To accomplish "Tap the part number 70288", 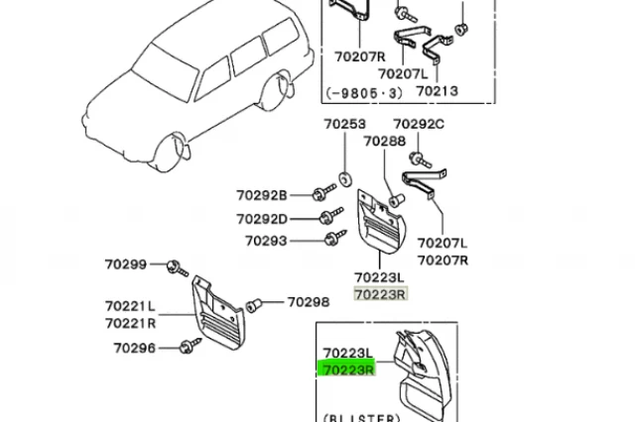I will pyautogui.click(x=385, y=143).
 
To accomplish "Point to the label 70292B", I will pyautogui.click(x=262, y=195).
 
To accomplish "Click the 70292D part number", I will pyautogui.click(x=262, y=219).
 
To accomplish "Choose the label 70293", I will pyautogui.click(x=266, y=241).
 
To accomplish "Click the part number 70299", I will pyautogui.click(x=126, y=264).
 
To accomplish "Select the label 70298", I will pyautogui.click(x=309, y=302).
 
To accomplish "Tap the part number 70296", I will pyautogui.click(x=134, y=348).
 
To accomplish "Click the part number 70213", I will pyautogui.click(x=437, y=92).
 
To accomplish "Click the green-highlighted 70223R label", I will pyautogui.click(x=347, y=369).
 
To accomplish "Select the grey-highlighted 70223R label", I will pyautogui.click(x=380, y=294).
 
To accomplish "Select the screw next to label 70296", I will pyautogui.click(x=189, y=346).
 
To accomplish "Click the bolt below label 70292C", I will pyautogui.click(x=421, y=158).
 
